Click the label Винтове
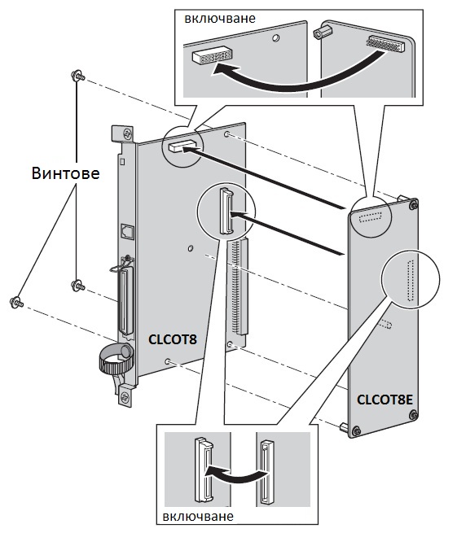point(66,173)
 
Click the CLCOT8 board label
point(173,339)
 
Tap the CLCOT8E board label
point(384,400)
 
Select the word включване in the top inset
point(220,19)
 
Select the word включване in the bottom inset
point(198,517)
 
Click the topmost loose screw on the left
point(77,76)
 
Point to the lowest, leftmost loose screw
point(16,302)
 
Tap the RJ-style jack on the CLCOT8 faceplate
point(128,231)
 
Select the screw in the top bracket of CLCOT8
point(128,133)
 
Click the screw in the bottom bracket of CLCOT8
point(125,396)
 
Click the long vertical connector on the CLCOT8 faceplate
point(125,302)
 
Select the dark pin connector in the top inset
point(386,43)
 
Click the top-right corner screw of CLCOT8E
point(413,205)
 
